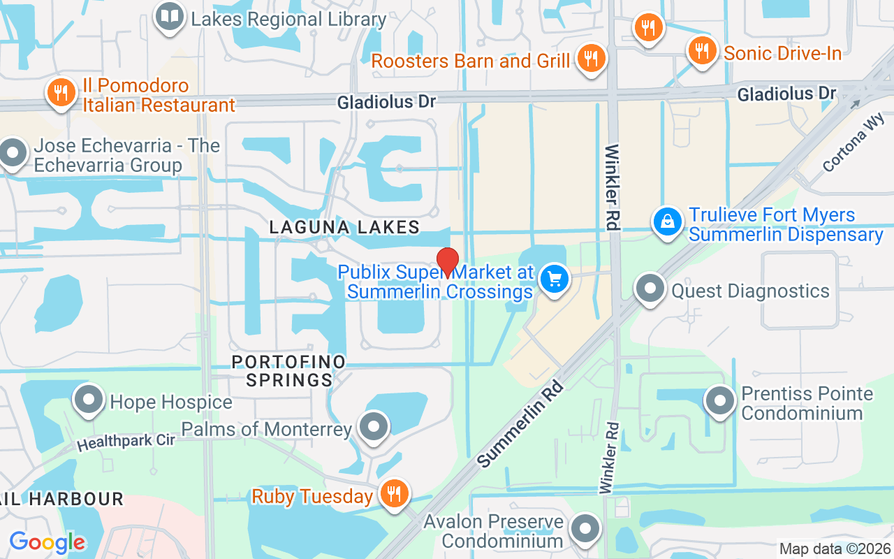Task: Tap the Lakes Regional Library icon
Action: coord(169,17)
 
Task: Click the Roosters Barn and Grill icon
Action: coord(592,59)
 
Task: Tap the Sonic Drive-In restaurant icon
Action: coord(702,51)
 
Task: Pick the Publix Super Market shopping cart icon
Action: coord(555,279)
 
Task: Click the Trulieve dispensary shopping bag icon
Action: coord(668,222)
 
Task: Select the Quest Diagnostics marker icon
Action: coord(651,289)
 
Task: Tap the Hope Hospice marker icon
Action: coord(89,400)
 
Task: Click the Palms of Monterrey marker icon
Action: coord(374,426)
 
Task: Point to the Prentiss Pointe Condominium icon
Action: coord(721,402)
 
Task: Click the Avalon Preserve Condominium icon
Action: coord(585,529)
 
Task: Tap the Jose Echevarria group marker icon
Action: coord(13,153)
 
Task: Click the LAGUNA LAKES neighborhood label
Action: coord(344,227)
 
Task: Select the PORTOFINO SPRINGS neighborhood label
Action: coord(289,371)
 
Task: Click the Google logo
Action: coord(47,542)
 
